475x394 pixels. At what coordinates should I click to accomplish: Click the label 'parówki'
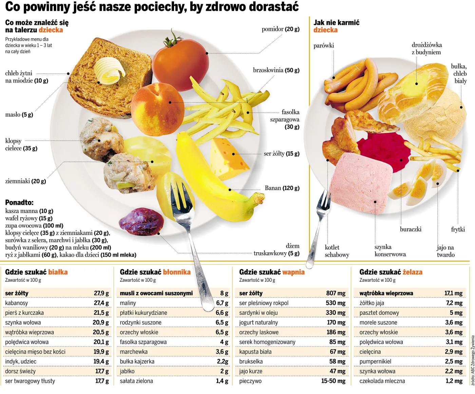323,46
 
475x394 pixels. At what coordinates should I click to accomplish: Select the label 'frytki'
458,230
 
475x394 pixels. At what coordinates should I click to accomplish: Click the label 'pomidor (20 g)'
280,29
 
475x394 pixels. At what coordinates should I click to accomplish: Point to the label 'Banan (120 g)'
282,188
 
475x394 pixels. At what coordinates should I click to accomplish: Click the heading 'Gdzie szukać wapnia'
272,272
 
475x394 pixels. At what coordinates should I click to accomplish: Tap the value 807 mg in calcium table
336,293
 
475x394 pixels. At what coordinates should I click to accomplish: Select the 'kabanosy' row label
17,303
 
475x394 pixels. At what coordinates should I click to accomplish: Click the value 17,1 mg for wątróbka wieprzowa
453,293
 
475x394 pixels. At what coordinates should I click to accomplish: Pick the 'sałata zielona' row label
136,381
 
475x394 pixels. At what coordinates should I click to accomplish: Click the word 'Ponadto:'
19,203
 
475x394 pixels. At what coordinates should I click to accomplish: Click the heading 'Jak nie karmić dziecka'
336,26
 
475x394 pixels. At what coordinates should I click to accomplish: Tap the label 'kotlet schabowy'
337,251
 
